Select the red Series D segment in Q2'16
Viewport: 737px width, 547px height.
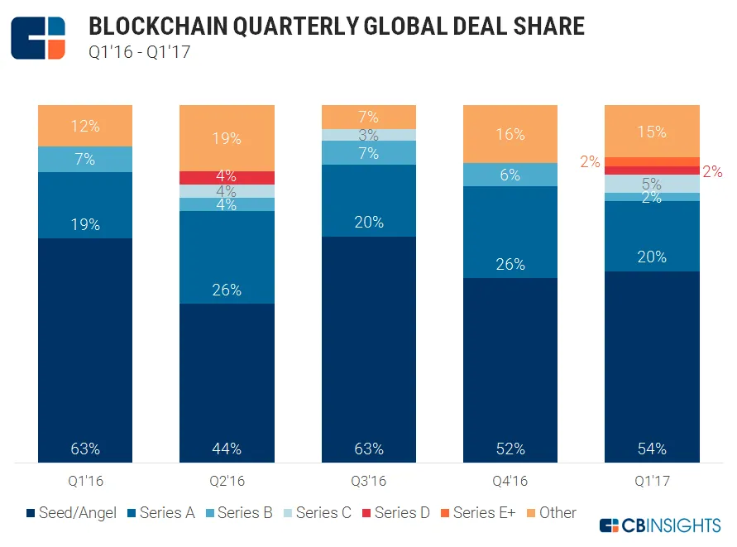coord(227,177)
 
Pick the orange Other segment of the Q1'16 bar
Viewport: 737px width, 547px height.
coord(85,126)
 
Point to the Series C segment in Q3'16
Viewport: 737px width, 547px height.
coord(369,134)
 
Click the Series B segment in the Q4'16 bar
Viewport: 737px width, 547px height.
coord(510,175)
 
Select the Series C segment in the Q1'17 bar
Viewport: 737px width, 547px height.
coord(653,184)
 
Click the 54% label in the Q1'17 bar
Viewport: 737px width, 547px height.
coord(653,449)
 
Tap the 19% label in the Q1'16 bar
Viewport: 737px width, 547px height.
coord(85,224)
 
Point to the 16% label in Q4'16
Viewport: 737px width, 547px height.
coord(510,135)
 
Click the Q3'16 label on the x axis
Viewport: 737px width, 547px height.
coord(369,480)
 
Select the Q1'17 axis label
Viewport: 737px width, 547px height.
coord(653,480)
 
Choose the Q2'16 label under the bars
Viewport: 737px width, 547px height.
coord(227,480)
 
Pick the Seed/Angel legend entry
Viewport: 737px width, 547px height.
coord(74,513)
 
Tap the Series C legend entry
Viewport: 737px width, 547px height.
coord(315,513)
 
